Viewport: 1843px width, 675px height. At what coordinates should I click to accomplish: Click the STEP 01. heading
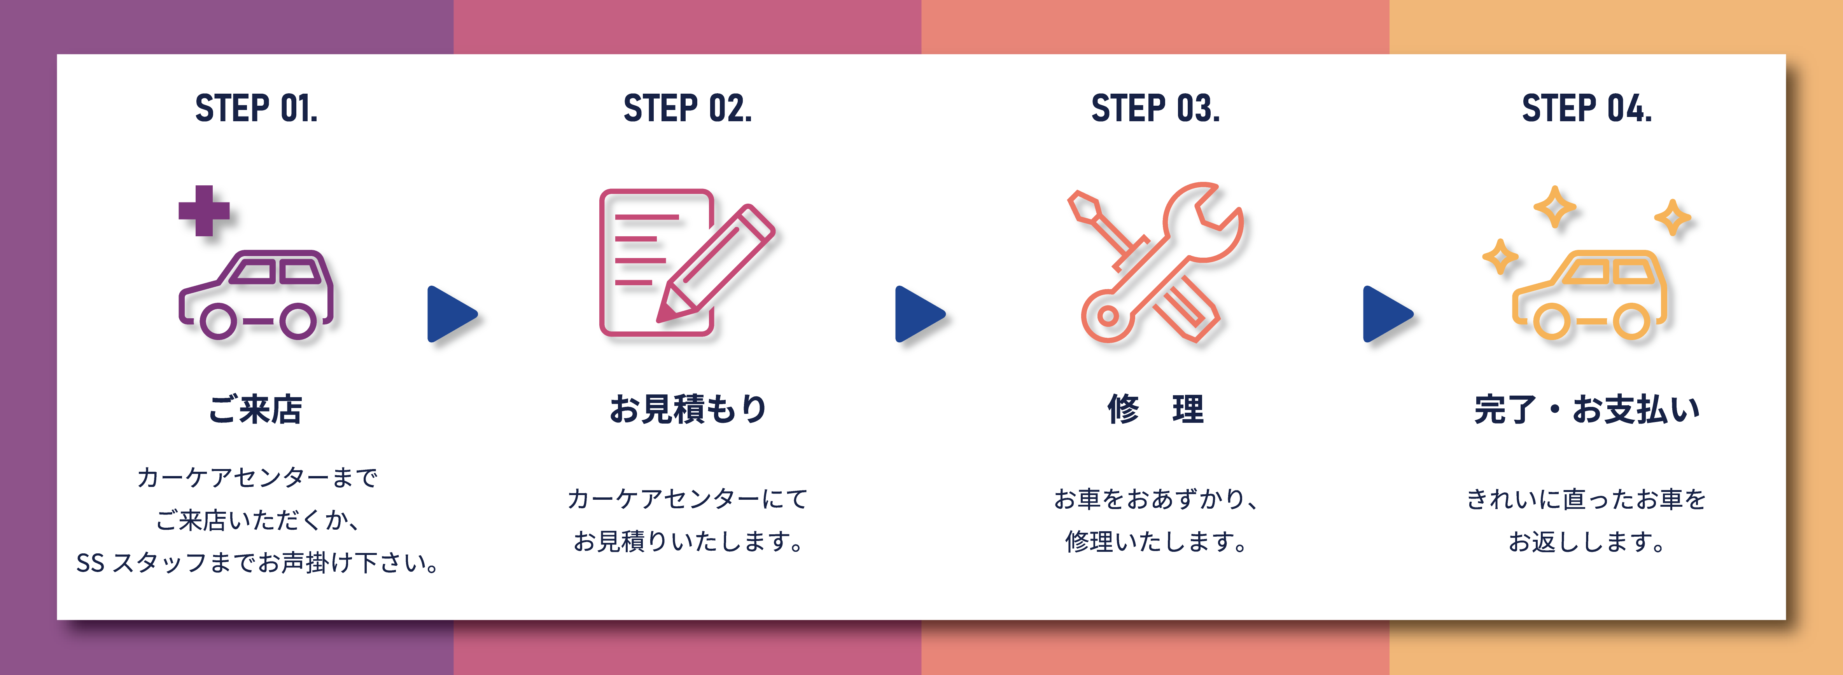[x=256, y=109]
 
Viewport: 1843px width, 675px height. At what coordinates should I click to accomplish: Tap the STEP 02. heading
[x=688, y=109]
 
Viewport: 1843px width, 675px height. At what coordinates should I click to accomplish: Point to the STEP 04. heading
[x=1587, y=109]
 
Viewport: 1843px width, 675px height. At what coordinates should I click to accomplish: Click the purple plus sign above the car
[x=204, y=210]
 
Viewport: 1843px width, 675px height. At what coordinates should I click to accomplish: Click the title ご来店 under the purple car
[x=256, y=410]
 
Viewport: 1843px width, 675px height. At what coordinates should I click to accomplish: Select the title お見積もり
[x=688, y=410]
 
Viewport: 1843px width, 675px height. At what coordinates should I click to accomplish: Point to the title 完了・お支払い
[x=1587, y=410]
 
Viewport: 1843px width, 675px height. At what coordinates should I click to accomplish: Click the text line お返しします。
[x=1587, y=541]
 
